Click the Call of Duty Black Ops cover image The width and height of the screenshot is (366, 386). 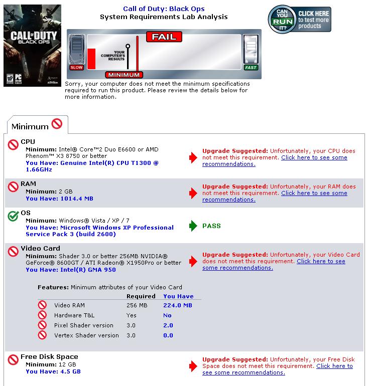[x=32, y=46]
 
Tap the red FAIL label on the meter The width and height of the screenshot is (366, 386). [x=164, y=37]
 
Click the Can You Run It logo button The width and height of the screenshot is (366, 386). [x=299, y=20]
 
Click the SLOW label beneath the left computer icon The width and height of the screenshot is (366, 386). [x=77, y=67]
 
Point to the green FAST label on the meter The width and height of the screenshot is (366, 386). [x=251, y=67]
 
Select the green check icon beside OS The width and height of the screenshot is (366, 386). [x=13, y=216]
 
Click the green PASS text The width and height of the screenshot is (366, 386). [x=211, y=226]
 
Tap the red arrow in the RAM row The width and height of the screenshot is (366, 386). [x=193, y=193]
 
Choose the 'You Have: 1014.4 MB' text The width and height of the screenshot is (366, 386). [x=59, y=199]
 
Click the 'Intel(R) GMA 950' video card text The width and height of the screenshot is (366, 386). [x=88, y=270]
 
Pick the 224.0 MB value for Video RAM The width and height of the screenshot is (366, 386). [x=178, y=305]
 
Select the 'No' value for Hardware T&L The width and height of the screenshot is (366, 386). [x=167, y=315]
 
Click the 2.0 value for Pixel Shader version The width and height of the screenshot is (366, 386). [x=168, y=325]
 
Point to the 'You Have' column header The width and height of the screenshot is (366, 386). [x=178, y=296]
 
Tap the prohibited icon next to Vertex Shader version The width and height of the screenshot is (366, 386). [x=42, y=335]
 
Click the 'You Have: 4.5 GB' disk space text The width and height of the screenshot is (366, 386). [x=53, y=371]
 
